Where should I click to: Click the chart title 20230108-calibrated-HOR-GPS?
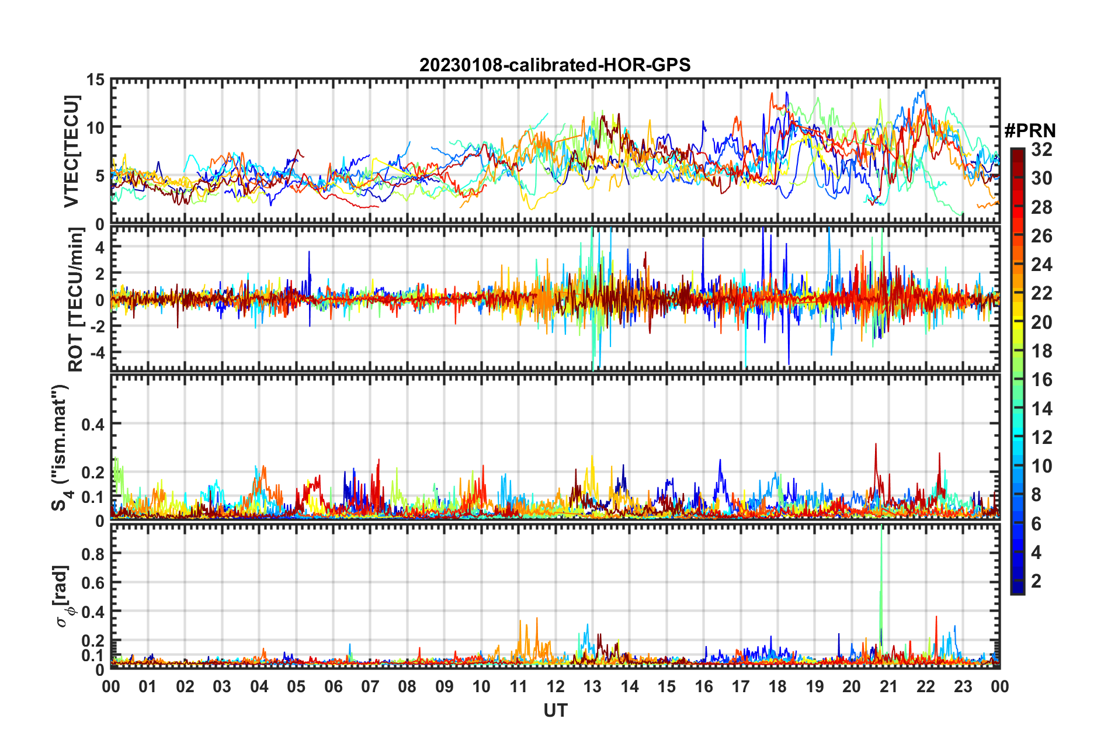pyautogui.click(x=555, y=65)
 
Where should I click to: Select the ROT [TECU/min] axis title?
pyautogui.click(x=75, y=299)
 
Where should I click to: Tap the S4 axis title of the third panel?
pyautogui.click(x=61, y=447)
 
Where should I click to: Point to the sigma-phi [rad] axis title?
pyautogui.click(x=63, y=596)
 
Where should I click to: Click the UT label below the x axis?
pyautogui.click(x=555, y=710)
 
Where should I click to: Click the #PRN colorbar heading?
pyautogui.click(x=1030, y=130)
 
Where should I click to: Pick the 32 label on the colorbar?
pyautogui.click(x=1041, y=150)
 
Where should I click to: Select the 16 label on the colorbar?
pyautogui.click(x=1041, y=380)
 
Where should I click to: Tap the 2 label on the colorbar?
pyautogui.click(x=1036, y=581)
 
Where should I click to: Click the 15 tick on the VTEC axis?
pyautogui.click(x=95, y=80)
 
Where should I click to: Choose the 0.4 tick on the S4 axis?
pyautogui.click(x=92, y=424)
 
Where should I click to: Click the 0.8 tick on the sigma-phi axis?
pyautogui.click(x=92, y=554)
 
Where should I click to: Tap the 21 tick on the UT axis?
pyautogui.click(x=888, y=686)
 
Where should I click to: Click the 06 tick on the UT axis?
pyautogui.click(x=333, y=686)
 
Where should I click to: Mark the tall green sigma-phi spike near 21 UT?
pyautogui.click(x=881, y=561)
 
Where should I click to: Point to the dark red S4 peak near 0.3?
pyautogui.click(x=875, y=446)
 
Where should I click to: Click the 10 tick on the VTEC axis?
pyautogui.click(x=95, y=127)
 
